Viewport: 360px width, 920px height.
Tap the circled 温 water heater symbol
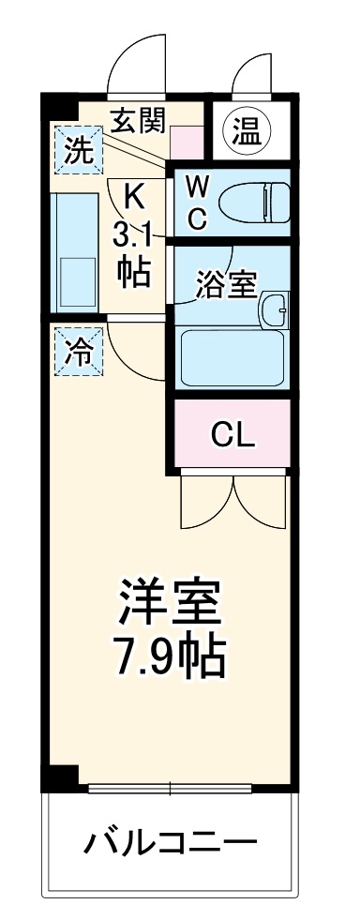pyautogui.click(x=246, y=131)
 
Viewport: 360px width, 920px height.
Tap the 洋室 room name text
pyautogui.click(x=170, y=601)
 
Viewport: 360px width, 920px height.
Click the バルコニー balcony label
pyautogui.click(x=171, y=841)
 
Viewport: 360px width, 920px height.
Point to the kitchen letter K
pyautogui.click(x=134, y=197)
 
